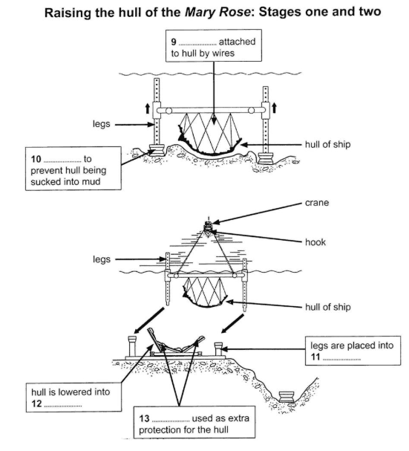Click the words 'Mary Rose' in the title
217,12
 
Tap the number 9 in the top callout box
173,42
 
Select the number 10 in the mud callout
36,159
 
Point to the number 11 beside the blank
315,357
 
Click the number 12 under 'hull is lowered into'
36,403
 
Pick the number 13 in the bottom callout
144,418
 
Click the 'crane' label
317,203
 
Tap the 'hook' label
315,242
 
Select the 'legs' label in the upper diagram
102,124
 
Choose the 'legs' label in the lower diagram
102,259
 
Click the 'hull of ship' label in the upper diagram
327,144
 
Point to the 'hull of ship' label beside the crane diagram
327,307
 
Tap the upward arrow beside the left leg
148,108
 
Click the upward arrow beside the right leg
274,108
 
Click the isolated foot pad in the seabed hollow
287,396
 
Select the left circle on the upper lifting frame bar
168,111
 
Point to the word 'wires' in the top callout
223,53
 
